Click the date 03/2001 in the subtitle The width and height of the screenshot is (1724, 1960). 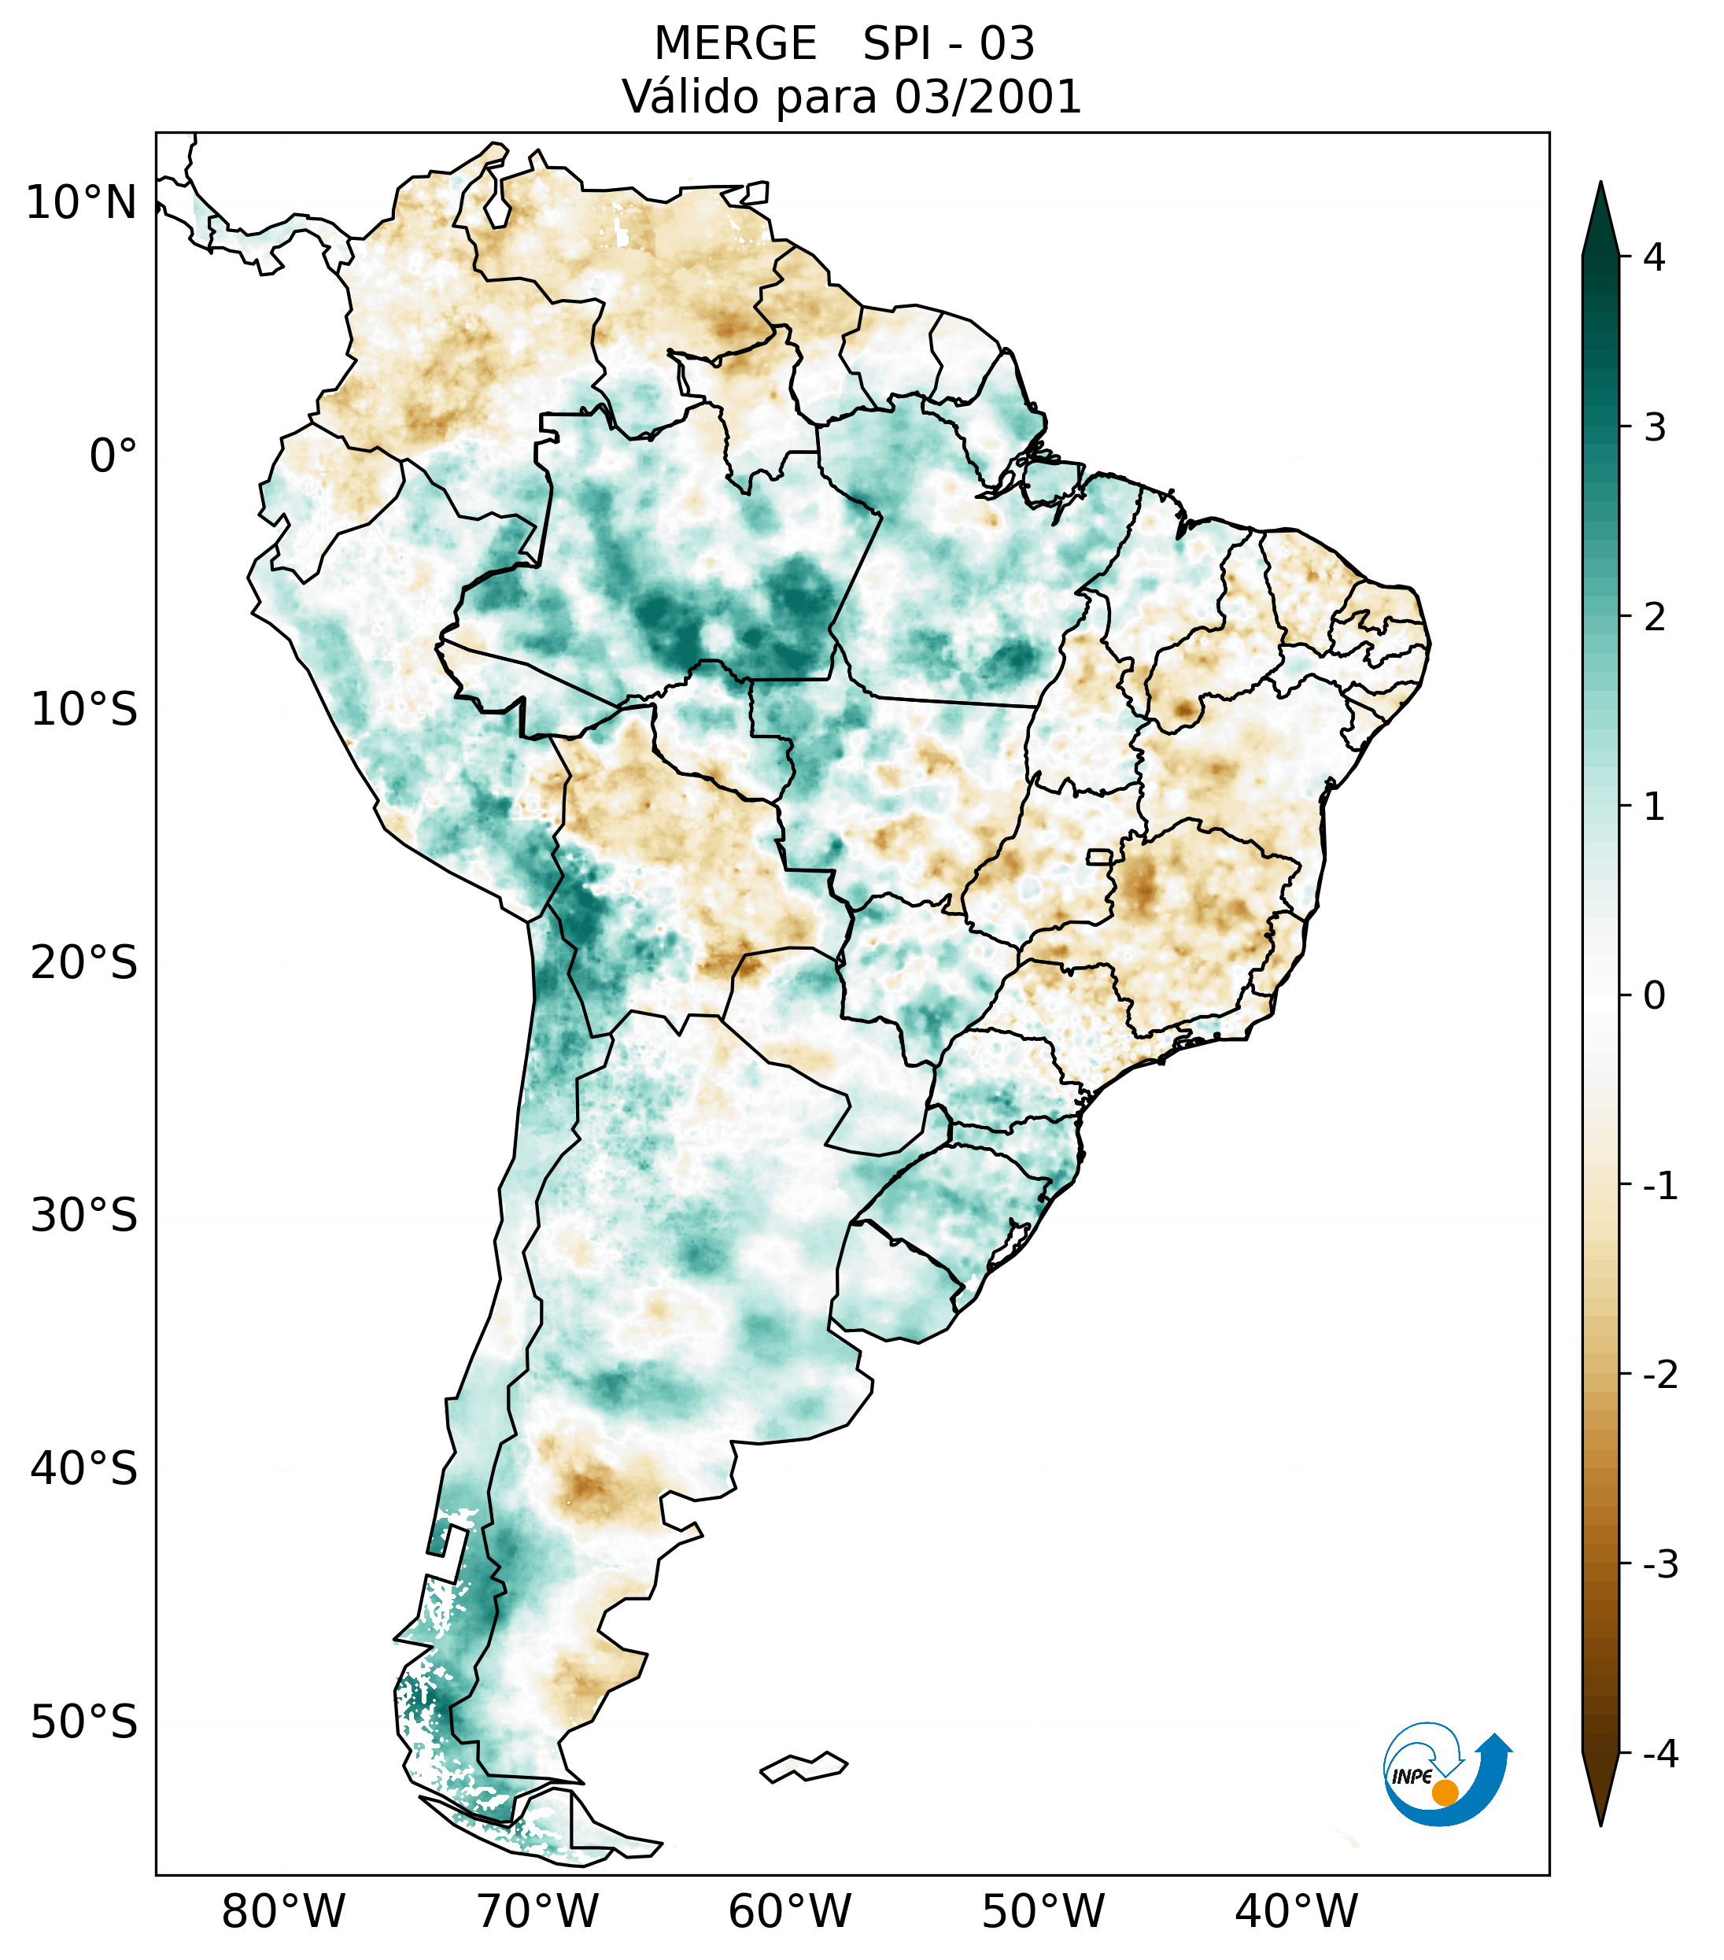click(987, 97)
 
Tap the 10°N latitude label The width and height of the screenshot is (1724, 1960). click(82, 203)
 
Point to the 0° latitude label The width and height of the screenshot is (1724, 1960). click(113, 456)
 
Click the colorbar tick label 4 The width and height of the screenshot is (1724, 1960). click(1654, 257)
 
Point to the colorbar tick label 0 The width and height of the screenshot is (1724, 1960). click(1654, 996)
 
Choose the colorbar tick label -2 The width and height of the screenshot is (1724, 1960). click(1659, 1375)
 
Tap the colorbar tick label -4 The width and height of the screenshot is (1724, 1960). click(1659, 1754)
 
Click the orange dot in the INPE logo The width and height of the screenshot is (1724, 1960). click(1444, 1792)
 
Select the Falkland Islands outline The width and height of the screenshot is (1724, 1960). click(803, 1766)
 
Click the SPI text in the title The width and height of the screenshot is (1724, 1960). click(898, 44)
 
